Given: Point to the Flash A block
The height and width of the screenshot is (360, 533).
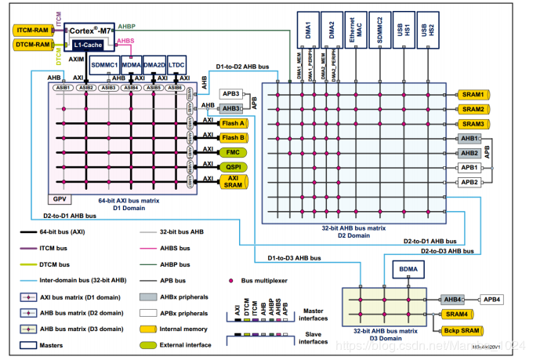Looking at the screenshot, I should coord(234,123).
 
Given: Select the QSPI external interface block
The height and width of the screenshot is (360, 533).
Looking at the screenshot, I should coord(234,165).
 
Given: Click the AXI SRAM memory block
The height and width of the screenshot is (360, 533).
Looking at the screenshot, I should coord(234,181).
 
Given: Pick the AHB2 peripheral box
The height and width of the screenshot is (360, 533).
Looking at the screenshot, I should coord(470,153).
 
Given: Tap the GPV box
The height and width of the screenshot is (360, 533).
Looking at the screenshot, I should coord(58,200).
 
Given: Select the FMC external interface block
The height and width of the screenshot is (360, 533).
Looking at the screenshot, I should coord(234,151).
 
